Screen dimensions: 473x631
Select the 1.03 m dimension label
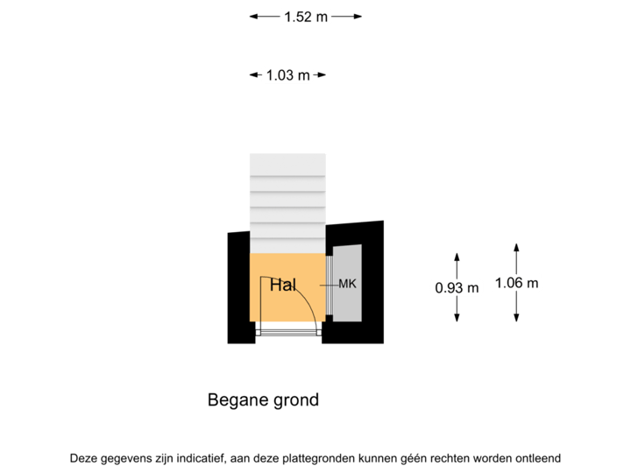coord(287,75)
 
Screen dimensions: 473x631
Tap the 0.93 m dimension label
coord(457,286)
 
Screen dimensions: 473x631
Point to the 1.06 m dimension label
coord(516,282)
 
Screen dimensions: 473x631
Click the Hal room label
coord(282,286)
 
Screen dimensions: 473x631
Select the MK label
coord(348,285)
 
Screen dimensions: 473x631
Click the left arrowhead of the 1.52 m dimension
coord(253,16)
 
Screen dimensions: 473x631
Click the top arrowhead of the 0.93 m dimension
coord(457,255)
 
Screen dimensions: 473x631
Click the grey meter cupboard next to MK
coord(351,303)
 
